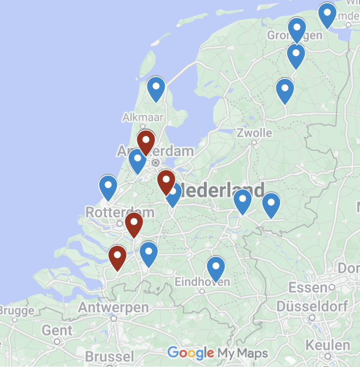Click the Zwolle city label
pos(254,133)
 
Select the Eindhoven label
pos(202,282)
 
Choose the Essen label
pos(307,287)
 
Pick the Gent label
pos(57,330)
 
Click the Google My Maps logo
pos(218,353)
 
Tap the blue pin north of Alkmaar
pos(156,88)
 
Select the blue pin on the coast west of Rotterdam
pos(108,186)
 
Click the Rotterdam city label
pos(113,212)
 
